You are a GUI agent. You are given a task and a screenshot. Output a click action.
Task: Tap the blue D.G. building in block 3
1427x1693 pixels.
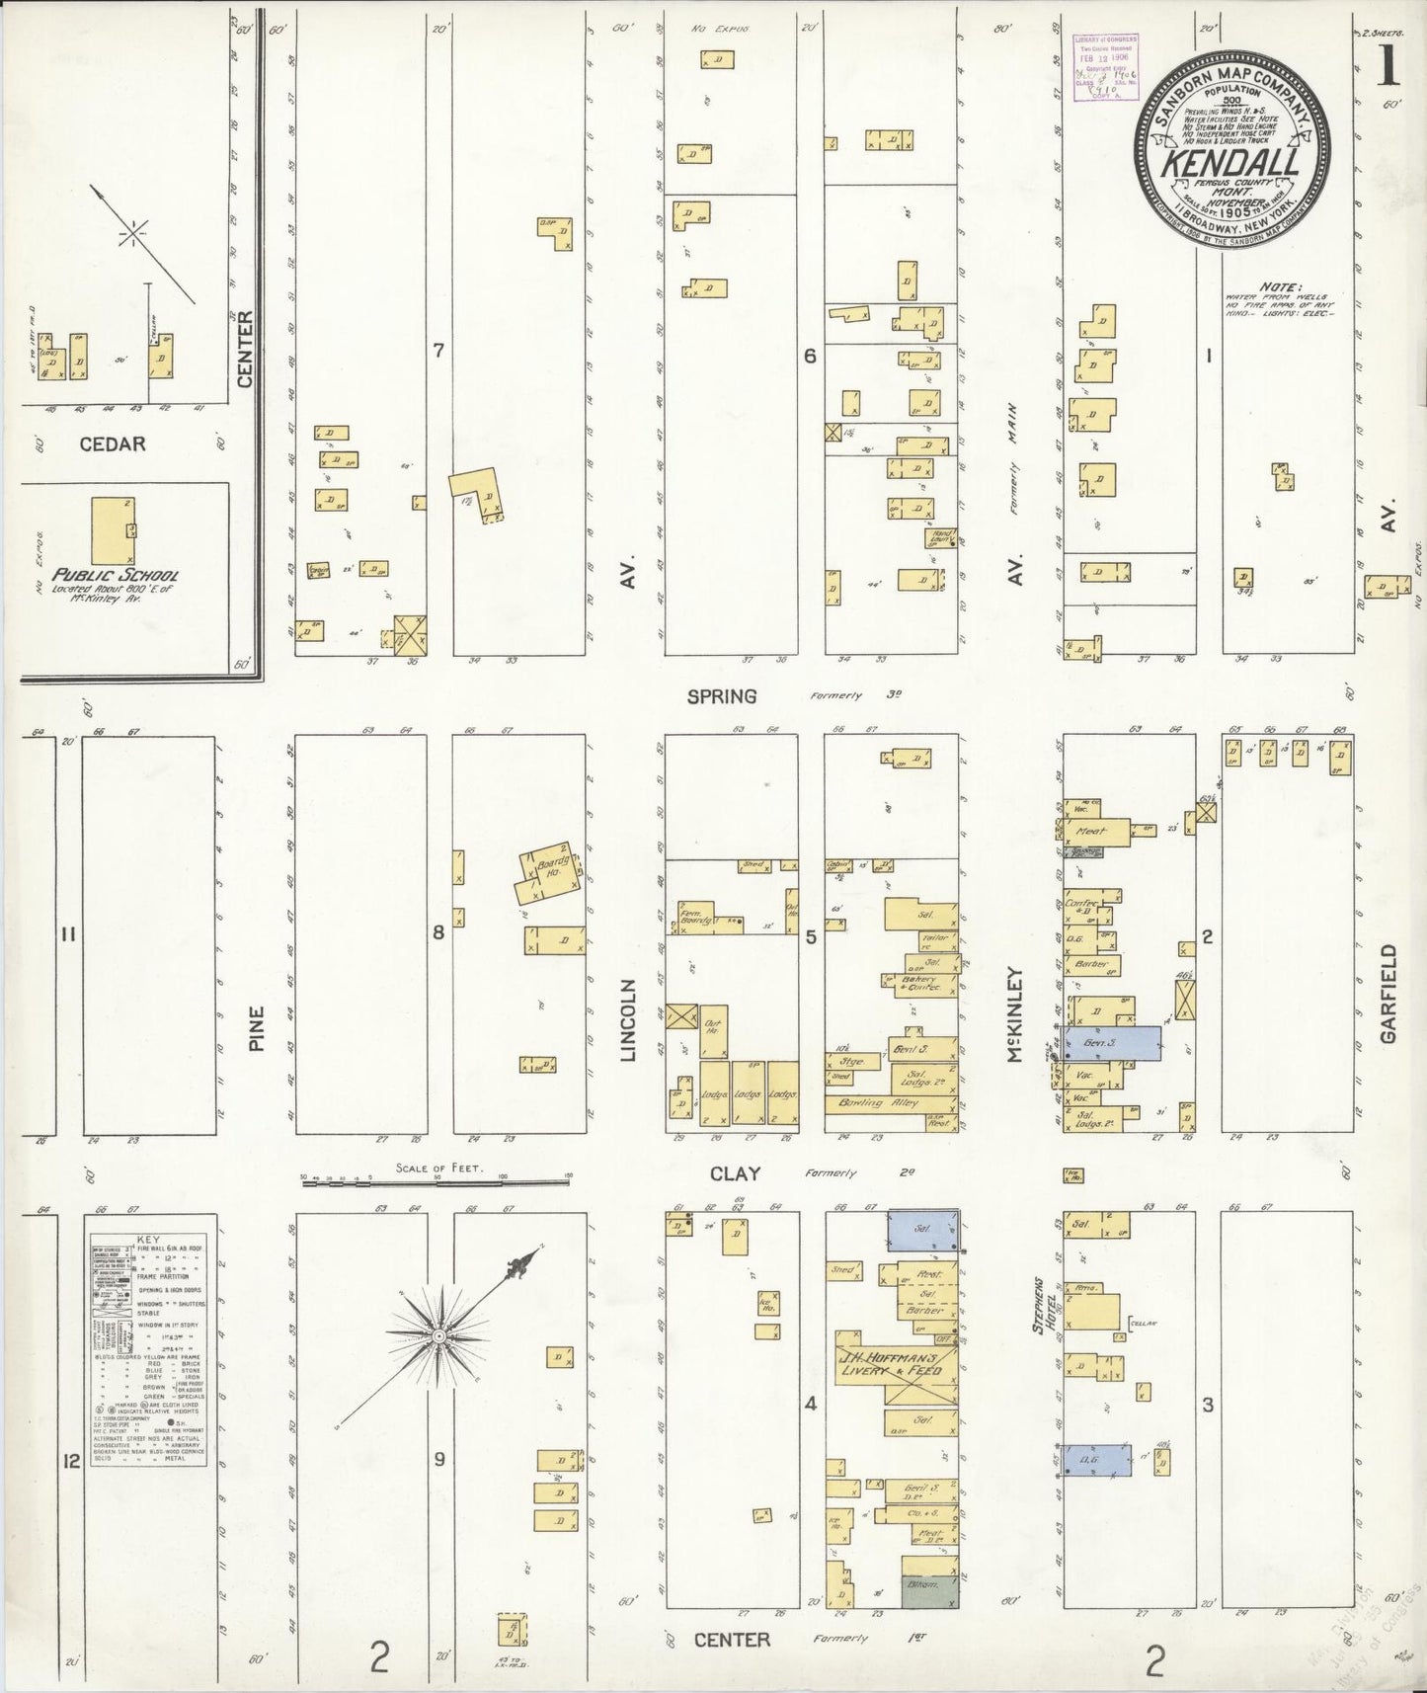point(1095,1459)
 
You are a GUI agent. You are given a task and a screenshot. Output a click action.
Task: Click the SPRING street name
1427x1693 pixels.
point(722,696)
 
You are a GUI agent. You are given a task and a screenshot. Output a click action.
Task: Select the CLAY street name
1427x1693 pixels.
point(735,1173)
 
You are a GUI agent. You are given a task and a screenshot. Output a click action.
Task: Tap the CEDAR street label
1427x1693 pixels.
point(112,444)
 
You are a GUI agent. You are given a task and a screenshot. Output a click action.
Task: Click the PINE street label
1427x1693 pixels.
point(257,1028)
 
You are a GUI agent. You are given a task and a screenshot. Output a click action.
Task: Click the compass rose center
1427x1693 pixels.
point(436,1335)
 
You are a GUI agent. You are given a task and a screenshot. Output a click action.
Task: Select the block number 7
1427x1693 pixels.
point(439,351)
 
